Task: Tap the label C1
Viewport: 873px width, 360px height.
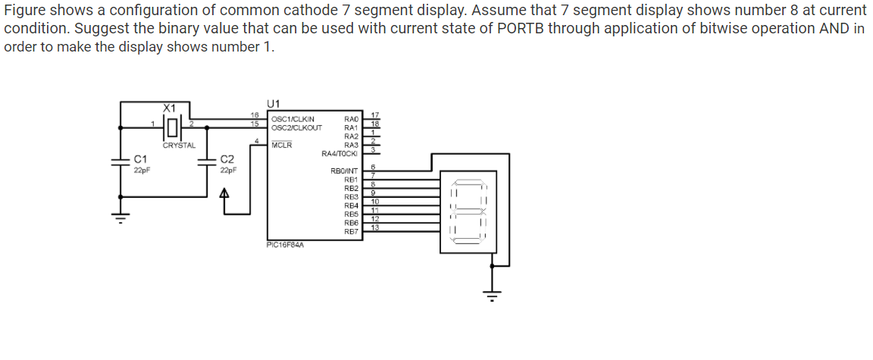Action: (140, 158)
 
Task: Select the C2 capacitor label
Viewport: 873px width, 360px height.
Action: (227, 159)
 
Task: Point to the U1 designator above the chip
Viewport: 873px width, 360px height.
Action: (274, 104)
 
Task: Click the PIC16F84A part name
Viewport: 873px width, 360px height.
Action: (286, 245)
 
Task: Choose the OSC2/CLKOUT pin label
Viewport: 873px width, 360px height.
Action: (296, 127)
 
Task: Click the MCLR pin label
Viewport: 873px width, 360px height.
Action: (282, 144)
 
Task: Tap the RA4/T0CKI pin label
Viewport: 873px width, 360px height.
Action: (340, 154)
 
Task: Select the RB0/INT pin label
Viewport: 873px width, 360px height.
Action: (344, 171)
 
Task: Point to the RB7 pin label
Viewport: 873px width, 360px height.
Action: (351, 232)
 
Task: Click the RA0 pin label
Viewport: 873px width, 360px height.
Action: (351, 119)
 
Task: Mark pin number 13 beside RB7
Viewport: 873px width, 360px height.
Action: (374, 228)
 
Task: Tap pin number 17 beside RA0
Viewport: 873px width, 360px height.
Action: (374, 114)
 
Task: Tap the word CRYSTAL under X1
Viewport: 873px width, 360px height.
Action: (179, 145)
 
